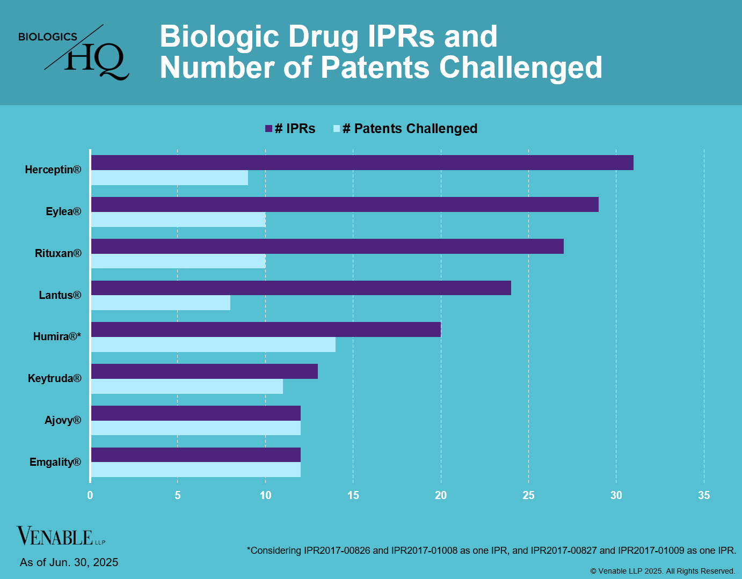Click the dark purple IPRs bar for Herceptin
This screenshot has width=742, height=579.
[x=362, y=163]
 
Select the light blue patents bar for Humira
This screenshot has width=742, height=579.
[x=213, y=345]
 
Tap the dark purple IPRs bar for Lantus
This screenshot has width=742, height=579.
[x=301, y=288]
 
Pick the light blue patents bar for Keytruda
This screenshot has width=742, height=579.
[x=187, y=386]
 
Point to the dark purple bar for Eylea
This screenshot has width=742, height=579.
[x=345, y=204]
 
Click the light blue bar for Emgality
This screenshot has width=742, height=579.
[x=196, y=470]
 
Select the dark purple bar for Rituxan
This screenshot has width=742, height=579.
[x=328, y=246]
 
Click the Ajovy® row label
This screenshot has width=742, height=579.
[x=63, y=420]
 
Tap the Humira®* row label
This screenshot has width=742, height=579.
[x=57, y=336]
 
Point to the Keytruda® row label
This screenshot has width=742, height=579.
[x=55, y=378]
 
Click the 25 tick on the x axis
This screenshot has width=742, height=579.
[x=528, y=495]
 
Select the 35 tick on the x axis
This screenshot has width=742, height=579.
[x=703, y=495]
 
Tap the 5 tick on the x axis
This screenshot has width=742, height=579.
[x=178, y=495]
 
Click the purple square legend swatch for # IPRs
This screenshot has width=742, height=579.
[x=269, y=129]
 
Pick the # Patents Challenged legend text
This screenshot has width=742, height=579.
[x=410, y=129]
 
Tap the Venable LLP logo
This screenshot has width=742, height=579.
[x=61, y=536]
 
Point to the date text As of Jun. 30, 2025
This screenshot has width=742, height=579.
[x=69, y=562]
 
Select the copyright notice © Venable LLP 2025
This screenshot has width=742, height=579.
[x=663, y=571]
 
